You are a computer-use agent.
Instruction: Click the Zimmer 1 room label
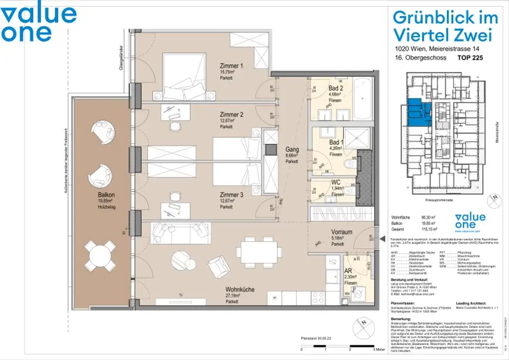[232, 66]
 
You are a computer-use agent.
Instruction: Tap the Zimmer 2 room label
[232, 115]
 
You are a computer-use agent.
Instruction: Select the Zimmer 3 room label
[232, 195]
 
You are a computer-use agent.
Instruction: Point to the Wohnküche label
[240, 289]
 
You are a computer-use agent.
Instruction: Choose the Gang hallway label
[292, 149]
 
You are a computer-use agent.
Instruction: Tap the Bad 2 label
[337, 89]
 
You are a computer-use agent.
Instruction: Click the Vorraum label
[341, 232]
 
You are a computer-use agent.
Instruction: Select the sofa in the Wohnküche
[179, 231]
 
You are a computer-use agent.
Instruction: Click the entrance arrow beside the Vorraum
[382, 240]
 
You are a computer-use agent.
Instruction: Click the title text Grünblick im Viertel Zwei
[444, 26]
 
